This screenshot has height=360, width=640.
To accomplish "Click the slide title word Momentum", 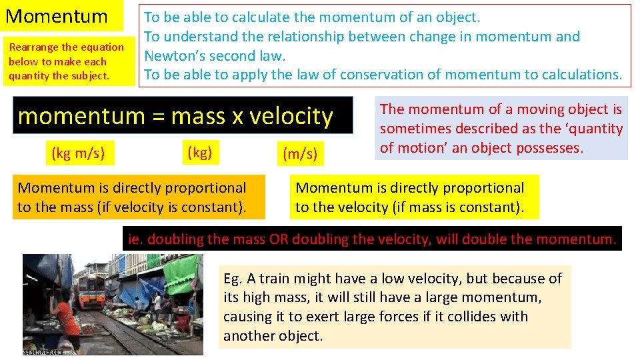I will tap(56, 16).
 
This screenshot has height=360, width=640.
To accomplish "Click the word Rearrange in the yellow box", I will tap(34, 47).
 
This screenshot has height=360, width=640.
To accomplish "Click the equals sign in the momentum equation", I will tap(155, 117).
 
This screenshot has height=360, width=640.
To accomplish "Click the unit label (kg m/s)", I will tap(78, 153).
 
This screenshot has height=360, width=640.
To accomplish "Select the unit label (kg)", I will tap(199, 153).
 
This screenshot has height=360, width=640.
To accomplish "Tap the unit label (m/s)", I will tap(299, 155).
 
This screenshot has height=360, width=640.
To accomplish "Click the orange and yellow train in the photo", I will tap(91, 291).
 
